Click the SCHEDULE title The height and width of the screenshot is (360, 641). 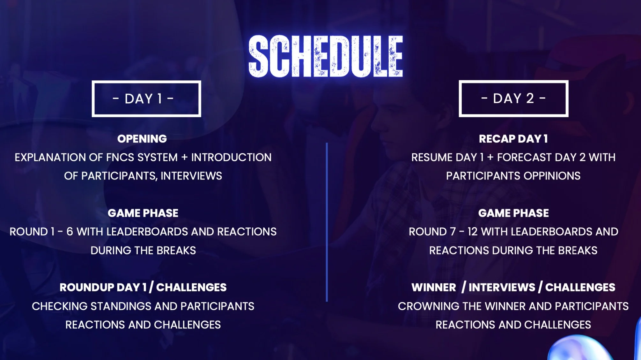coord(326,56)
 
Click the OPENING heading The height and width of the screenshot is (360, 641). coord(142,139)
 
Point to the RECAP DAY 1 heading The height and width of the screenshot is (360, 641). coord(513,139)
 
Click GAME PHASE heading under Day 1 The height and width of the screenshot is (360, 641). coord(143,213)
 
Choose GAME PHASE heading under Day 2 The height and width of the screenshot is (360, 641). coord(513,213)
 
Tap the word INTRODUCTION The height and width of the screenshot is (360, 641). coord(231,157)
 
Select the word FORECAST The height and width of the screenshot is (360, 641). coord(524,157)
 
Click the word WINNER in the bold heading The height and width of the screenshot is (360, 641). coord(434,287)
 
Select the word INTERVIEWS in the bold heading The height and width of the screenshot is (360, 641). coord(502,287)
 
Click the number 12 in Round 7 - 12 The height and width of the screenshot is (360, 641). coord(473,231)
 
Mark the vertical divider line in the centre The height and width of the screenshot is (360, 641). coord(327,222)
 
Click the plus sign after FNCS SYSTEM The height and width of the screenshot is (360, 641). coord(184,157)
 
